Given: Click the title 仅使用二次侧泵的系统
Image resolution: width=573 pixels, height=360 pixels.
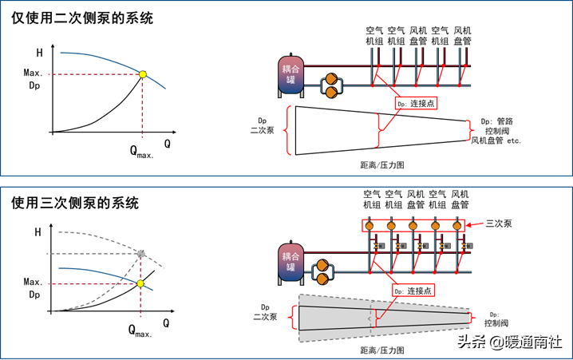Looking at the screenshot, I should (82, 18).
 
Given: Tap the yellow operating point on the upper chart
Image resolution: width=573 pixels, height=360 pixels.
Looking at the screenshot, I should (143, 74).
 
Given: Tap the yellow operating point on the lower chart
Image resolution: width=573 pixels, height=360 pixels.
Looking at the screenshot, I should (140, 283).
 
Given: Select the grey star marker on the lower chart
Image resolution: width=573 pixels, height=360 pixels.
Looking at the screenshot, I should (141, 254).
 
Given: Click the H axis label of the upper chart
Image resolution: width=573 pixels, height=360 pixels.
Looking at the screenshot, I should (39, 53).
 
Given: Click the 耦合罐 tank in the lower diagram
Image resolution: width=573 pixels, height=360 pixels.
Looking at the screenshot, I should (290, 263).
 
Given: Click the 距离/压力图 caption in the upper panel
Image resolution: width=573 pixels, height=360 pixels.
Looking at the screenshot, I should (382, 164).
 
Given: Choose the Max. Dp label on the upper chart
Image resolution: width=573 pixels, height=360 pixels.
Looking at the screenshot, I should (33, 79).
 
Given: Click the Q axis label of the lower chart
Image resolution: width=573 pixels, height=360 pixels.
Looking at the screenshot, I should (166, 323).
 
